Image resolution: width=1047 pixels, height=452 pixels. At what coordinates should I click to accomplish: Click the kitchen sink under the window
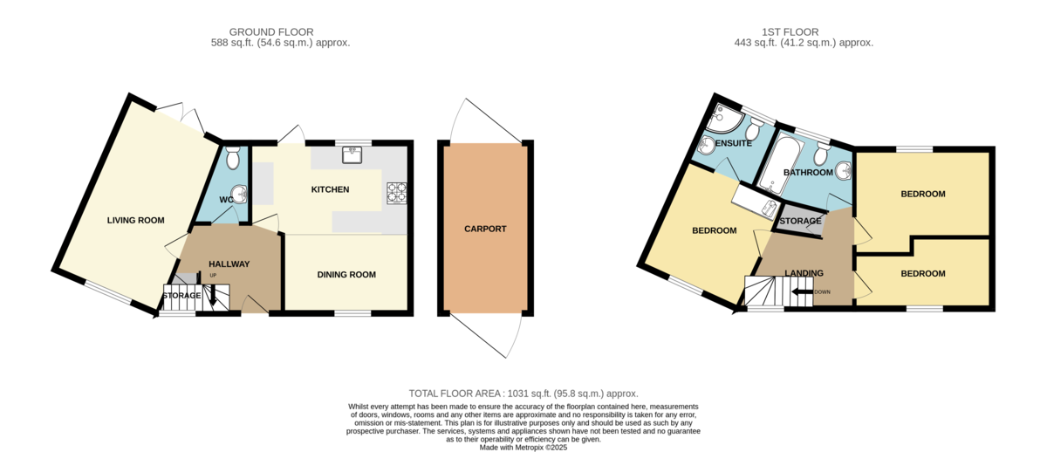coord(353,155)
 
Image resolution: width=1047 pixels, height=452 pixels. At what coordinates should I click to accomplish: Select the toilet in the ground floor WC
coord(232,159)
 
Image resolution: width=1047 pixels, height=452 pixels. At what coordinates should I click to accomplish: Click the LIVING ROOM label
coord(135,221)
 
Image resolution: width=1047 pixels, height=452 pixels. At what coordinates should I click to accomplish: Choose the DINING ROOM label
coord(346,275)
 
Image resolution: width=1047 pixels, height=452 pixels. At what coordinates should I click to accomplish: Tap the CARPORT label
coord(485,229)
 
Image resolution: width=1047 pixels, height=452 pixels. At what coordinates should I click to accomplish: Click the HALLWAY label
coord(229,264)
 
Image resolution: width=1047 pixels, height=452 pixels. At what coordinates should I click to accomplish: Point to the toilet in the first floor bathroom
coord(819,155)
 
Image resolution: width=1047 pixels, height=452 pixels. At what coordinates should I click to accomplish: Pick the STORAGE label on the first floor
coord(800,222)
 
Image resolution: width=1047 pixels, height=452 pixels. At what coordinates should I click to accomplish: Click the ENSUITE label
coord(735,142)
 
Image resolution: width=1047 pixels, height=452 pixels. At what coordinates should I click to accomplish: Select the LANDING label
coord(804,273)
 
